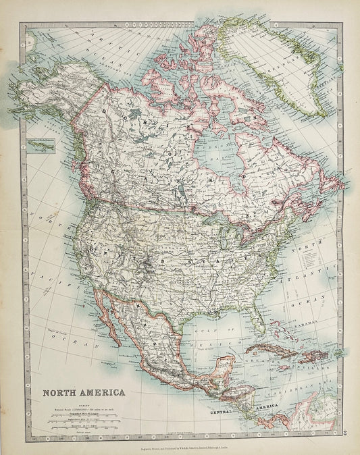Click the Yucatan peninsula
tap(218, 371)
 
